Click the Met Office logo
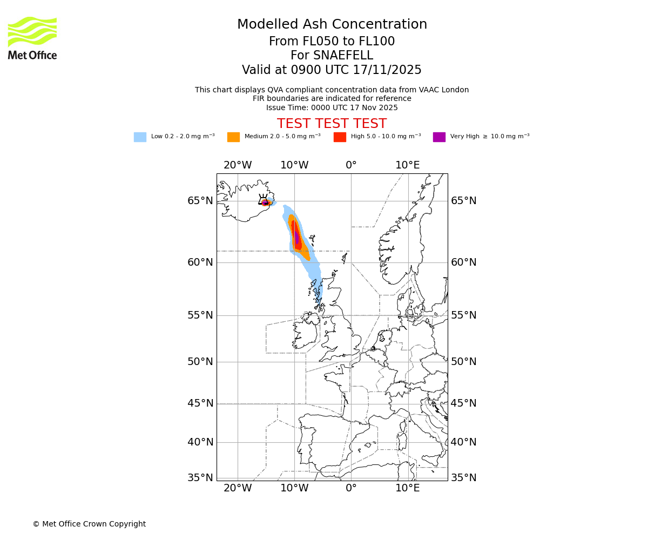[32, 38]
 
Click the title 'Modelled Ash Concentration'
[332, 25]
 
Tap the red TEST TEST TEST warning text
[332, 124]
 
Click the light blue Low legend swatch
[140, 137]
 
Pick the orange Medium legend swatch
[233, 137]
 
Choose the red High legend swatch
[340, 137]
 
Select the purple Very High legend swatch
[439, 137]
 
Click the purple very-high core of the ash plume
[296, 237]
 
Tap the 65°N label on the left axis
[200, 201]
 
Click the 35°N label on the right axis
[464, 478]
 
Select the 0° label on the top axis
[351, 165]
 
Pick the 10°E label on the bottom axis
[408, 488]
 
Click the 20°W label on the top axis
[238, 165]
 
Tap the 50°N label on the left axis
[200, 362]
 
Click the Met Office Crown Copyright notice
[89, 524]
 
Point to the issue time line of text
[332, 108]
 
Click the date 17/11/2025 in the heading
[387, 70]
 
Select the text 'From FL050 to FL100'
[332, 42]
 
